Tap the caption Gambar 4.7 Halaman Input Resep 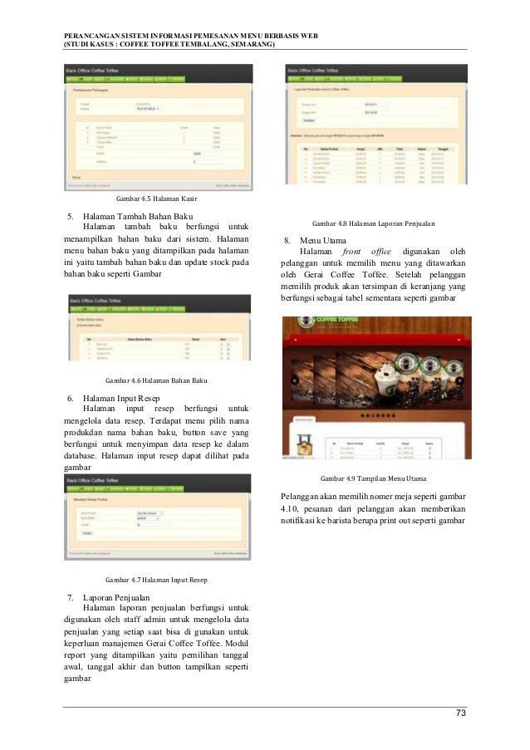click(x=155, y=579)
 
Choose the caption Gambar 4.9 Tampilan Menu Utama click(x=373, y=479)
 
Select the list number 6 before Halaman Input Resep click(x=69, y=398)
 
